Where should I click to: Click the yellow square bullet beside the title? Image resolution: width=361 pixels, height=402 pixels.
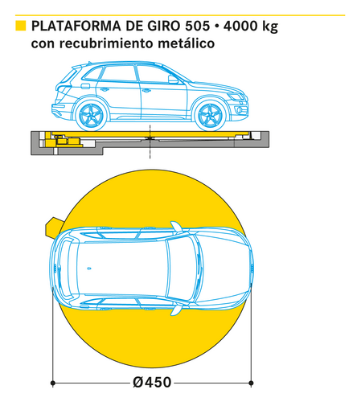21,26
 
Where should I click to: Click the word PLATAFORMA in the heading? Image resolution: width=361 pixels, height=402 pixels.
76,26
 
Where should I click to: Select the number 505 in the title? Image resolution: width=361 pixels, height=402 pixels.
197,26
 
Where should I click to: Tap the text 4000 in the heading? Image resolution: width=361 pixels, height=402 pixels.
239,26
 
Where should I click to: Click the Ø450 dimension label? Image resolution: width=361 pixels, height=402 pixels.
152,383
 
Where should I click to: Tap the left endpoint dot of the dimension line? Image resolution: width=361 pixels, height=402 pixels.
53,383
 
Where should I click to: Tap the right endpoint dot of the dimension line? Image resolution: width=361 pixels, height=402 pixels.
251,383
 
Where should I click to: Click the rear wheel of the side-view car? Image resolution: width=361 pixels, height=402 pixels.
92,116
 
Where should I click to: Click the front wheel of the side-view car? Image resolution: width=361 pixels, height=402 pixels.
211,116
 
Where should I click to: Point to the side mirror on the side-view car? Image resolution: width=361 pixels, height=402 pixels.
173,79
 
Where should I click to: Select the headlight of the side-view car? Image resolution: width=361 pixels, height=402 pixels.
236,96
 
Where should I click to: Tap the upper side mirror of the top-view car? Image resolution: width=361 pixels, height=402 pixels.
177,227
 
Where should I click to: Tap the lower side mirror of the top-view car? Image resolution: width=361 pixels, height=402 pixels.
176,309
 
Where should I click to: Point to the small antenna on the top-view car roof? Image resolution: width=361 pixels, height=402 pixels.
89,269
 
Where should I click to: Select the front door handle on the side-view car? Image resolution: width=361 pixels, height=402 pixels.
146,91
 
